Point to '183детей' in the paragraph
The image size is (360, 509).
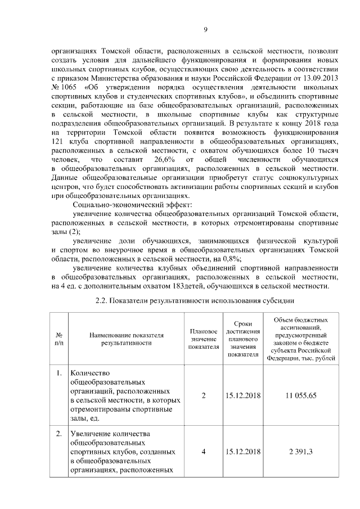187,286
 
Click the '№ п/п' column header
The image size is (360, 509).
59,338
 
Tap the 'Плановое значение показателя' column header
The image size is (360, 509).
203,339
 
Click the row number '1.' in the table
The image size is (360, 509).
59,373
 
